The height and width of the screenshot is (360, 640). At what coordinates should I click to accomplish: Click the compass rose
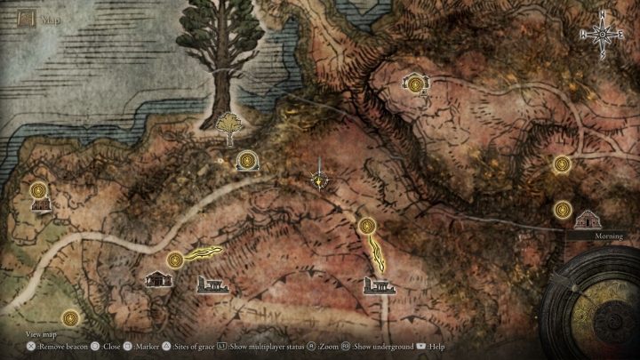pyautogui.click(x=604, y=35)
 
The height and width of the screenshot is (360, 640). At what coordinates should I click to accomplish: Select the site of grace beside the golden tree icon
pyautogui.click(x=248, y=160)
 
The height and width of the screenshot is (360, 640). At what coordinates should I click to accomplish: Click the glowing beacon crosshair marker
pyautogui.click(x=318, y=180)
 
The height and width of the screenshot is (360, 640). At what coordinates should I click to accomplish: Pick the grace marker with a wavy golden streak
pyautogui.click(x=176, y=260)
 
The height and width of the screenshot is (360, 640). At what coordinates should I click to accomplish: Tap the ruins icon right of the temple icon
pyautogui.click(x=212, y=285)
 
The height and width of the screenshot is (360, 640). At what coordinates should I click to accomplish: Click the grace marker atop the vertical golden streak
pyautogui.click(x=367, y=226)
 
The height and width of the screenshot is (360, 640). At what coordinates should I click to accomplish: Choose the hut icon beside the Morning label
pyautogui.click(x=587, y=219)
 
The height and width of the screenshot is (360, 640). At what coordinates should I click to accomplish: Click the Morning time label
pyautogui.click(x=611, y=236)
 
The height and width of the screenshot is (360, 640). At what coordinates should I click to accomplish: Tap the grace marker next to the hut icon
pyautogui.click(x=562, y=210)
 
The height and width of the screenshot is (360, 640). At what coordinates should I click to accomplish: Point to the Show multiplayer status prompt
pyautogui.click(x=268, y=347)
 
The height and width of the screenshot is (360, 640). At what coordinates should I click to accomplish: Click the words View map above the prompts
pyautogui.click(x=41, y=334)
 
